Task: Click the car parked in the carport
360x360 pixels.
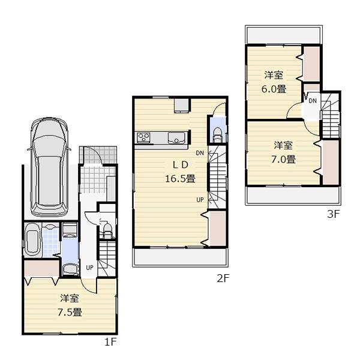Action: pos(49,164)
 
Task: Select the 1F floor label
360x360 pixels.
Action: pos(109,343)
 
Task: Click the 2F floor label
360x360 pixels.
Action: pos(223,278)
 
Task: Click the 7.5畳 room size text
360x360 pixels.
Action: pos(70,311)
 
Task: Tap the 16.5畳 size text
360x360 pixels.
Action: pos(180,178)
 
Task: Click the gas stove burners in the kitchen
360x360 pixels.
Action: pos(144,137)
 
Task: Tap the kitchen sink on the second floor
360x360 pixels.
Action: pos(176,137)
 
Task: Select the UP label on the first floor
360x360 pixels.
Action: pos(89,268)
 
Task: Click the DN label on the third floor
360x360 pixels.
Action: pos(313,100)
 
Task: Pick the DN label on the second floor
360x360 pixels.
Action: pos(199,153)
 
